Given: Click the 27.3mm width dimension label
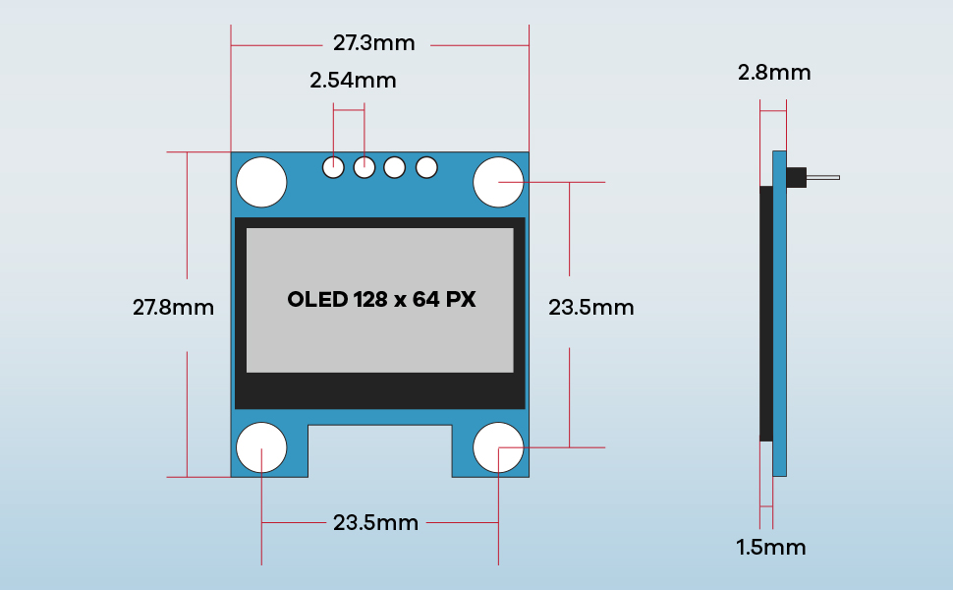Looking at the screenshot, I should click(373, 43).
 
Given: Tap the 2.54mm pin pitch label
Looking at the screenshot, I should click(353, 81).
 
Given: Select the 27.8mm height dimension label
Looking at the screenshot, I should click(173, 307).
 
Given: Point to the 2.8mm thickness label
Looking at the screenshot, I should click(774, 72).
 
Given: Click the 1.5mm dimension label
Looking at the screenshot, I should click(771, 548).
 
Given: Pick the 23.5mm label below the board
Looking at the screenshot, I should click(375, 522).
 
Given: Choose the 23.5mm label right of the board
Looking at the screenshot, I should click(590, 307).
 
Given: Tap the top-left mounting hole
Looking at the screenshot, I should click(261, 182).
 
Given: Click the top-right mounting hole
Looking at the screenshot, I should click(498, 182).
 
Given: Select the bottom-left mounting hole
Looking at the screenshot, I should click(261, 447).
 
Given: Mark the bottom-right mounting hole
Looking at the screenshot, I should click(498, 447).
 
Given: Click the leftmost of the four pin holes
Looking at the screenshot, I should click(334, 167).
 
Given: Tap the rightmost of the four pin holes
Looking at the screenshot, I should click(425, 167).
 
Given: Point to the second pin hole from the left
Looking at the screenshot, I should click(364, 167).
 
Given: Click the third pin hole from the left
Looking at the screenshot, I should click(395, 167).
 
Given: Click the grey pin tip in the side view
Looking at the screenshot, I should click(823, 178).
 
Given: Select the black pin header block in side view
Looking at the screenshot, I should click(796, 178).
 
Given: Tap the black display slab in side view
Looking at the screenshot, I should click(766, 313).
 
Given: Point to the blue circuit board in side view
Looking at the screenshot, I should click(780, 324).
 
